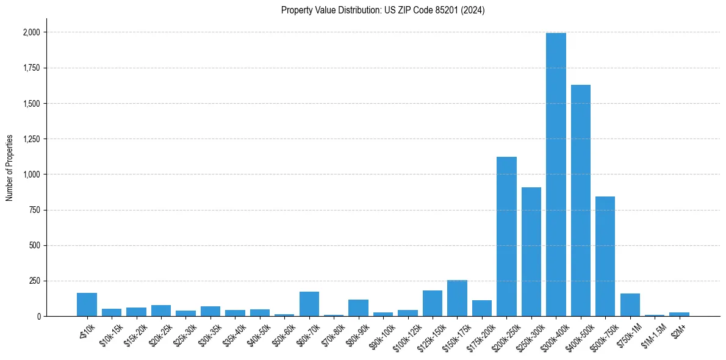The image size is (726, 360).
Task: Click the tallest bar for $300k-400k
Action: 556,175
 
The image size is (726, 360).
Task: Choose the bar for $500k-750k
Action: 605,256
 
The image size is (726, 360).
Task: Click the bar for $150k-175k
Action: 457,298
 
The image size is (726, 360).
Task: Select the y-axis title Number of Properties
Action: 9,168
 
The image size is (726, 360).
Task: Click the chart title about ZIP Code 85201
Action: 383,10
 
